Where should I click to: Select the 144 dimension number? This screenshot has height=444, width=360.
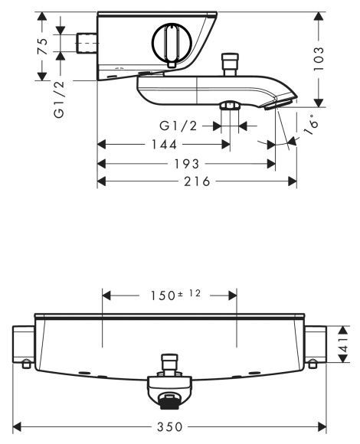[163, 143]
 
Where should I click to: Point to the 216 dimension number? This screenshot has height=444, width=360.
[196, 181]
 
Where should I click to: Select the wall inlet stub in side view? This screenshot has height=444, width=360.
[89, 45]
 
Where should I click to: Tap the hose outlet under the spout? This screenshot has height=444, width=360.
[227, 106]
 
